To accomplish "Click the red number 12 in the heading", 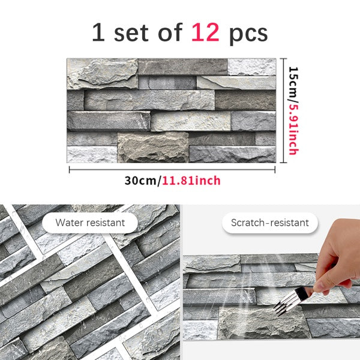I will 205,32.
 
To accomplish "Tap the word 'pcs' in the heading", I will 248,34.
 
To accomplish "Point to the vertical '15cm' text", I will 293,85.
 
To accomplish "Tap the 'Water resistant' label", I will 90,223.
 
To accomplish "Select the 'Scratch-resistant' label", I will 270,223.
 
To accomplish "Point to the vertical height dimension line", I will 283,110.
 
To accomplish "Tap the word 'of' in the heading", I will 169,32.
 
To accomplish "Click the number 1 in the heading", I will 98,32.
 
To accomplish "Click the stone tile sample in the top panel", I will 171,110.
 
